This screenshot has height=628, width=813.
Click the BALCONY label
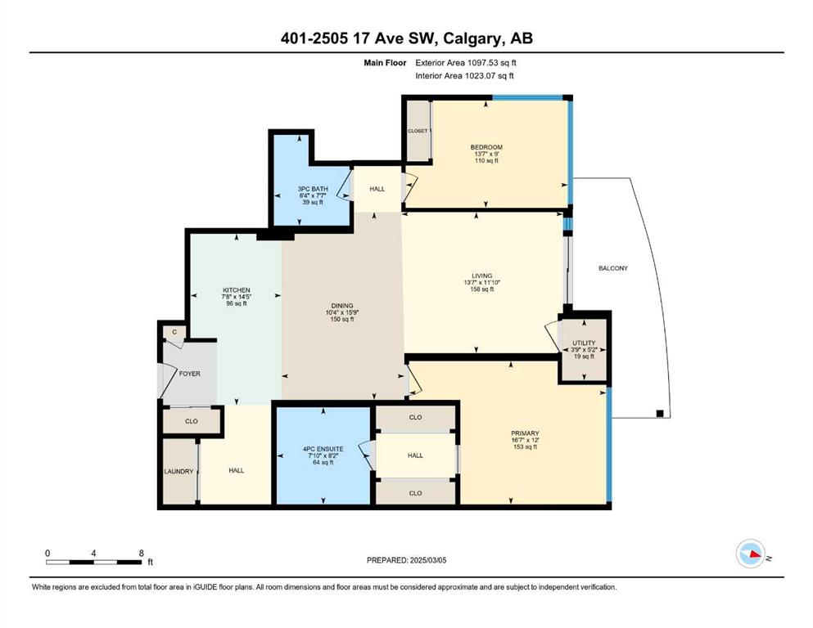click(613, 268)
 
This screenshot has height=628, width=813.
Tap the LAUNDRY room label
click(178, 472)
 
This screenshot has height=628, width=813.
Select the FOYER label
click(190, 374)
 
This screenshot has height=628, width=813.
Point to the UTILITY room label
click(584, 343)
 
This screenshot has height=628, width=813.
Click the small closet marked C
click(174, 332)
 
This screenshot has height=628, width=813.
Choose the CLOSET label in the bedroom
click(418, 131)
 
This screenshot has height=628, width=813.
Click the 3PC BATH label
click(313, 189)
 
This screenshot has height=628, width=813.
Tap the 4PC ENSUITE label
click(323, 449)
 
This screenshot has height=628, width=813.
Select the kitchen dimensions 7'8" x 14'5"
click(237, 297)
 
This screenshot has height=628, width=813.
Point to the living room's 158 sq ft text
click(481, 289)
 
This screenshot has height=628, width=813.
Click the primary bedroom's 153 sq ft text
click(525, 446)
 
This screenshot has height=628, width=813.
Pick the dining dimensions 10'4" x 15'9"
click(342, 312)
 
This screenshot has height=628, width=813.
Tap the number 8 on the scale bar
click(142, 554)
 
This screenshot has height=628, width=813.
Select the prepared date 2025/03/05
click(428, 560)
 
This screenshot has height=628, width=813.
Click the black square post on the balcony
click(660, 413)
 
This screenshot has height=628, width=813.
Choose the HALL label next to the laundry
click(237, 471)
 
